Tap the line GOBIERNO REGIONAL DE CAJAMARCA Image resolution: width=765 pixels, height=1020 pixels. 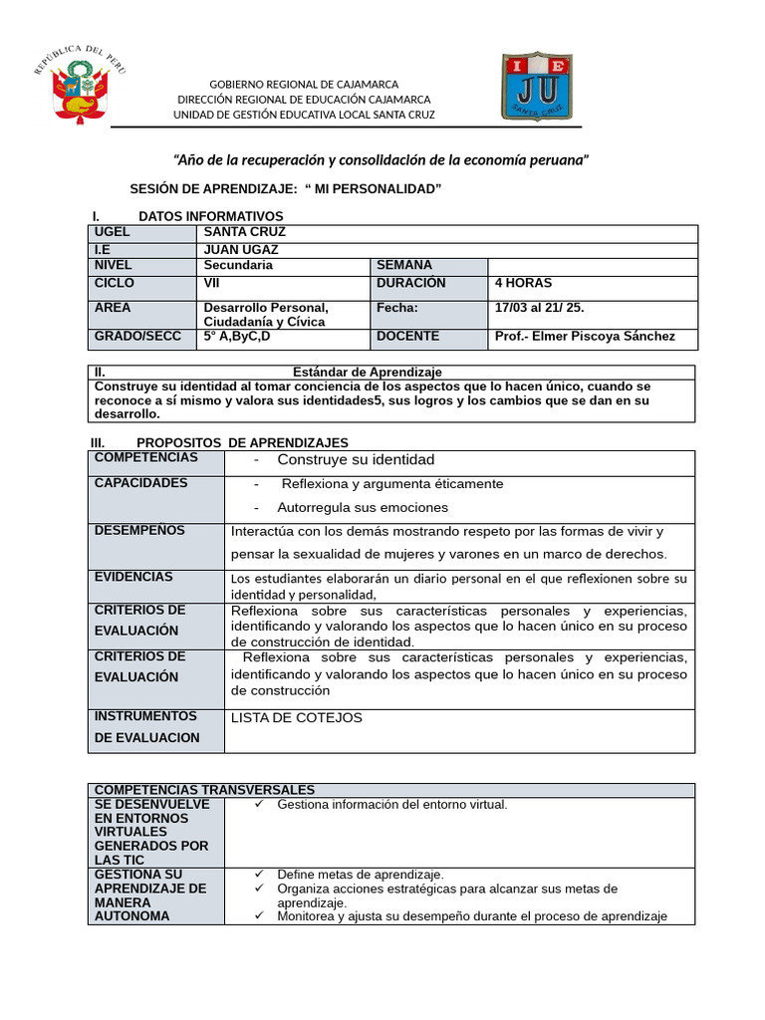point(304,84)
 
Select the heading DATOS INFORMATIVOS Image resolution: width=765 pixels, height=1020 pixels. point(210,216)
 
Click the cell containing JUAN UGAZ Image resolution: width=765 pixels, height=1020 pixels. point(241,249)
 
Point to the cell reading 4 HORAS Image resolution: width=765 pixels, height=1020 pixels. point(523,283)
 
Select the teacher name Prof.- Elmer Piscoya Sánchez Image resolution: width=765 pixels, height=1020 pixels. point(585,337)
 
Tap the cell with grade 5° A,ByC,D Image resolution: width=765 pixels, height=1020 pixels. point(237,337)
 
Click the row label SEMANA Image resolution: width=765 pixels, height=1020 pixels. point(404,265)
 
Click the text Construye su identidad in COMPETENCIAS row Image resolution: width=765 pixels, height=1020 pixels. point(356,460)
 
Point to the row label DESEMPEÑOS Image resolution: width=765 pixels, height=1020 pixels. point(139,531)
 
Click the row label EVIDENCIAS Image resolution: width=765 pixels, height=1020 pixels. point(133,577)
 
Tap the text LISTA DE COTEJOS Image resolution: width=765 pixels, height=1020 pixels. point(297,718)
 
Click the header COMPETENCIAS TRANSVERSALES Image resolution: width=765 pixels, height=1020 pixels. point(204,789)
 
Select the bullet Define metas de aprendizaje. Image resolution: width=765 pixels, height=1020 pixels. point(361,875)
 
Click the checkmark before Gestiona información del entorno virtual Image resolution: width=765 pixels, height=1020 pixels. point(259,804)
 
